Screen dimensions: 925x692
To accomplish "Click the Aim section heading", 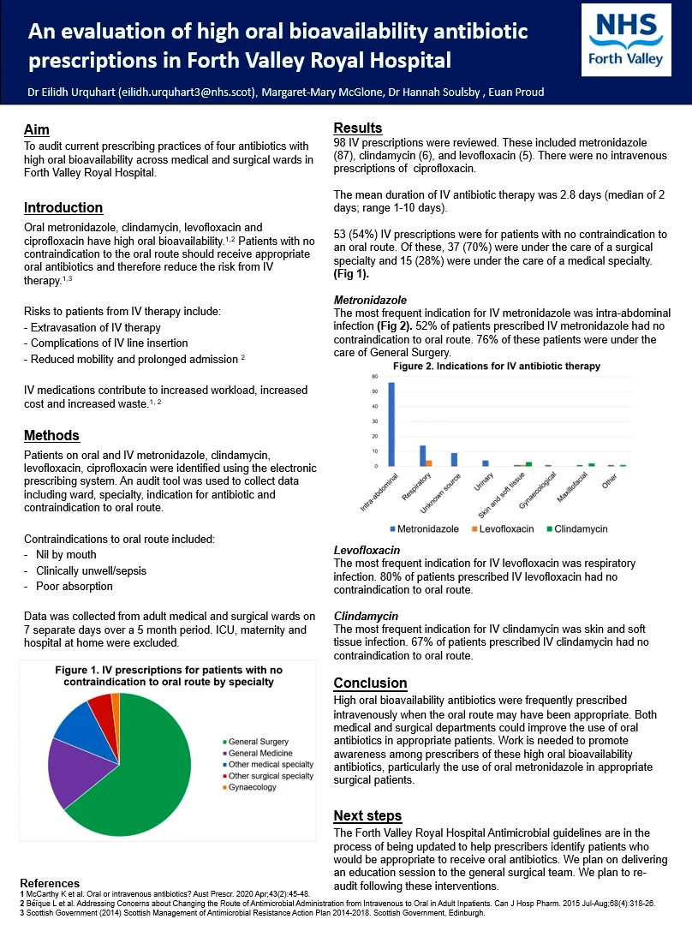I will point(36,129).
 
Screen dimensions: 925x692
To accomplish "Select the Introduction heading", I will point(63,208).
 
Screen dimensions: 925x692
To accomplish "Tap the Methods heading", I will point(51,435).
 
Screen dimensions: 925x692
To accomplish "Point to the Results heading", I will point(357,128).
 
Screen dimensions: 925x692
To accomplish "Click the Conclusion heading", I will point(370,683).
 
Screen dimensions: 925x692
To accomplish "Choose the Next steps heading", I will point(367,815).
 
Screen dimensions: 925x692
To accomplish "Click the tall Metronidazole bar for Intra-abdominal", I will point(391,424).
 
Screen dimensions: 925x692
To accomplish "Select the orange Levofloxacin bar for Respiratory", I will point(428,463).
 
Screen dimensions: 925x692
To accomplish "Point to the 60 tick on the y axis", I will point(373,377).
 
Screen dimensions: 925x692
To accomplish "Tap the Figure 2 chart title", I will point(496,366).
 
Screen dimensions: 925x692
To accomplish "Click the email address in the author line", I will point(188,92).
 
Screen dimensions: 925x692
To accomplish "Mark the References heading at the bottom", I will point(50,883).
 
